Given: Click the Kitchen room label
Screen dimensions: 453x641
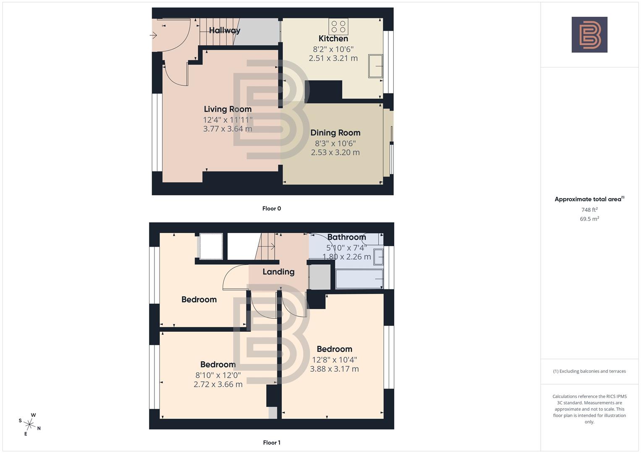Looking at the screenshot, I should [x=333, y=39].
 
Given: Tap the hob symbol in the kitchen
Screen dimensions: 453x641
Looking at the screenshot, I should [x=338, y=26].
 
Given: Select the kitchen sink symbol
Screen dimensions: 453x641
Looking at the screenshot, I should [x=376, y=66].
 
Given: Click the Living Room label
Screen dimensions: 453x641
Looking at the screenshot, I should [x=228, y=109].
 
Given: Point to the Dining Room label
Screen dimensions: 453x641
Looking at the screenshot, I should [x=335, y=133].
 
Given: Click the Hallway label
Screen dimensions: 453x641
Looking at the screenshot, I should [x=225, y=30].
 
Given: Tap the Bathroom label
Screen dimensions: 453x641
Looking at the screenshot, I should [x=346, y=237].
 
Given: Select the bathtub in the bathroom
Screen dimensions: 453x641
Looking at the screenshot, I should [x=359, y=279].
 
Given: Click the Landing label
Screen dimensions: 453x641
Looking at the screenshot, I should [x=278, y=272].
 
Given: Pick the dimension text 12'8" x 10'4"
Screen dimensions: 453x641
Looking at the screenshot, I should [x=335, y=360].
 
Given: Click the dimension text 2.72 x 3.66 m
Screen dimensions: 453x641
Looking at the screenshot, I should [x=218, y=384].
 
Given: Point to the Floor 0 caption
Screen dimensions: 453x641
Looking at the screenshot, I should [x=272, y=208].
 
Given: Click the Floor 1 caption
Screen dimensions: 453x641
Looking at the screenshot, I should [x=272, y=443].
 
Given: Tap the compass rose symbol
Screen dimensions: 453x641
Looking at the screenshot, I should [x=30, y=424].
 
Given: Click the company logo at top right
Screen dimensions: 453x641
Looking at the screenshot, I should [x=589, y=35].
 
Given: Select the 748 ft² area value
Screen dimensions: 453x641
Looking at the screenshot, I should [x=589, y=210].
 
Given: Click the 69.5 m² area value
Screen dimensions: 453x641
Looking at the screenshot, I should [x=589, y=219].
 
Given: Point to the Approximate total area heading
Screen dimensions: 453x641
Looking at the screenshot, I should [x=589, y=199].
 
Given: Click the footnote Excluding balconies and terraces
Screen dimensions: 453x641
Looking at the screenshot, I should [x=589, y=371].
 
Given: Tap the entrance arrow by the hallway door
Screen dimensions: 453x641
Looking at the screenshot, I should [x=154, y=36].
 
